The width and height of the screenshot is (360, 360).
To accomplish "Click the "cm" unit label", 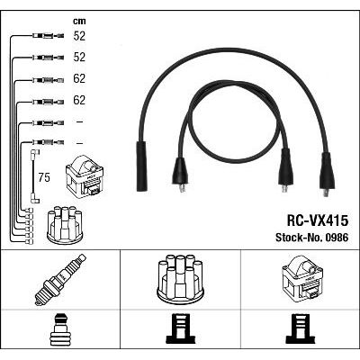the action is tap(79, 22).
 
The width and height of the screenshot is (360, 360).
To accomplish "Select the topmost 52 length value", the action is tap(79, 36).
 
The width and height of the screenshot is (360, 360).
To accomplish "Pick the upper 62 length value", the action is tap(79, 78).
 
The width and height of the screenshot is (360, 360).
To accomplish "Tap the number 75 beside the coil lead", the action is tap(44, 177).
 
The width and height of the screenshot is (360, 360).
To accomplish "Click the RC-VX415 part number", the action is tap(318, 221).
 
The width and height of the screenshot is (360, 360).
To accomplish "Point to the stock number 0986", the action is tap(336, 238).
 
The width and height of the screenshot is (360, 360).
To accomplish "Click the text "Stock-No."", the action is tap(298, 238).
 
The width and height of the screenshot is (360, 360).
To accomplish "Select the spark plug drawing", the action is tap(60, 280).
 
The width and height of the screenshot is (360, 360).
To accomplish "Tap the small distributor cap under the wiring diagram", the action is tap(65, 225).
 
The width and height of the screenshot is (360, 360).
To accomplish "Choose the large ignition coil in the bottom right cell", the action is tap(302, 277).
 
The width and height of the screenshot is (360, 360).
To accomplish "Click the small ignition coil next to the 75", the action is tap(85, 175).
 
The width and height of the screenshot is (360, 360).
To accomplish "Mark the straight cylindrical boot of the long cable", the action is tap(142, 166).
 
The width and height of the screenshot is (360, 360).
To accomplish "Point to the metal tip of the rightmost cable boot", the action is tap(326, 193).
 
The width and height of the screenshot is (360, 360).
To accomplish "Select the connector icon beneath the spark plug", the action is tap(60, 329).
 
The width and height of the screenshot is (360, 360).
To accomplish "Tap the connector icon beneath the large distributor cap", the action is tap(180, 329).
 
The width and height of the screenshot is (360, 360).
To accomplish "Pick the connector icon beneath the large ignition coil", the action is tap(301, 329).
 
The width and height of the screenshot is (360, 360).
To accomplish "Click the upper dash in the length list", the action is tap(79, 121).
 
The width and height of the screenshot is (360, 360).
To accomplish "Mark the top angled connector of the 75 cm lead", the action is tap(36, 153).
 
